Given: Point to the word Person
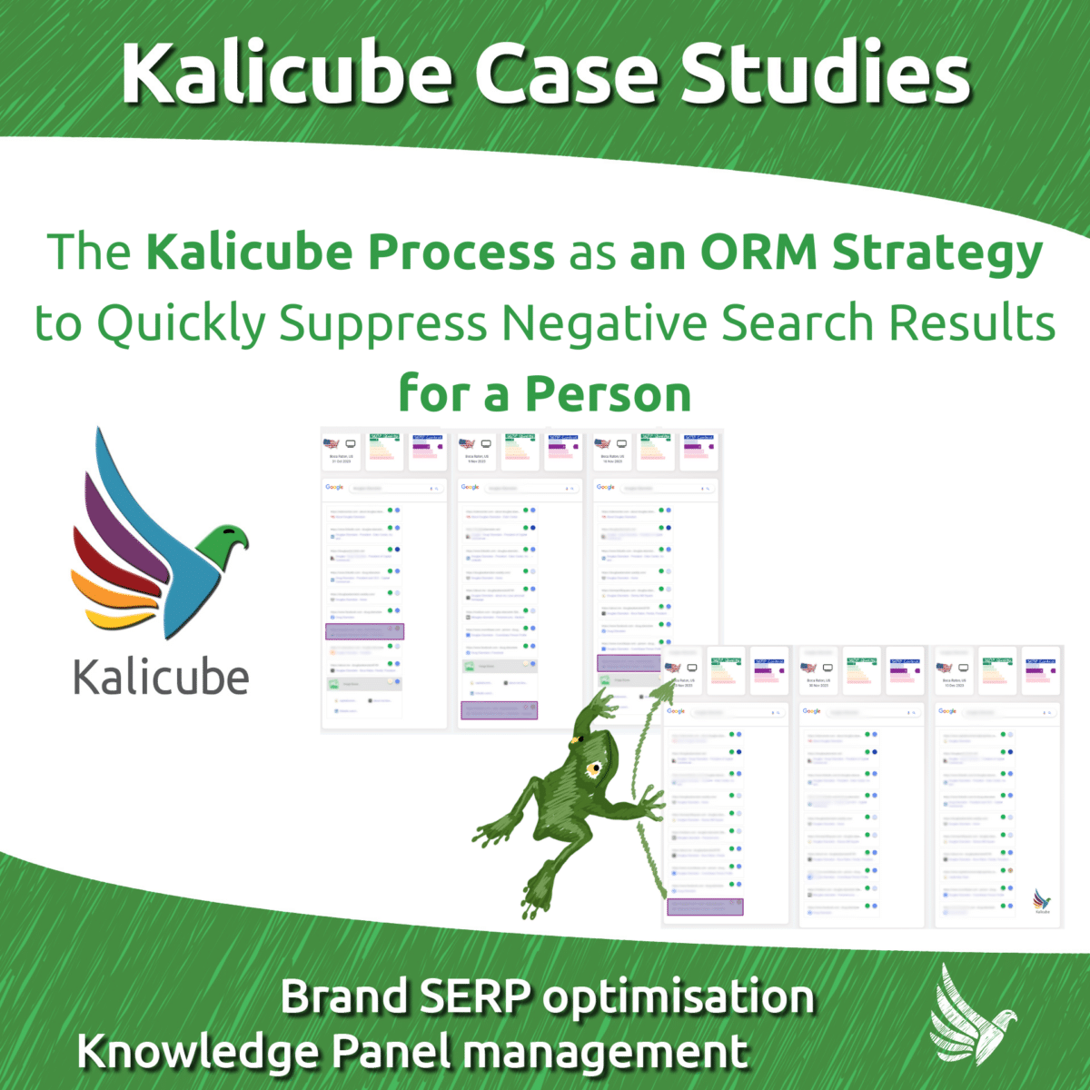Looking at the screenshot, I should pyautogui.click(x=608, y=394).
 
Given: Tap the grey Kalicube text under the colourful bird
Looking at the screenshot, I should pyautogui.click(x=161, y=679).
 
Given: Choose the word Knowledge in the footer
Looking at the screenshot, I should pyautogui.click(x=197, y=1052).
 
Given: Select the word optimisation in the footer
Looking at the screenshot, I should pyautogui.click(x=679, y=996).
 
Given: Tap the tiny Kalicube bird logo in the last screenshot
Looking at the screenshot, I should pyautogui.click(x=1042, y=900).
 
